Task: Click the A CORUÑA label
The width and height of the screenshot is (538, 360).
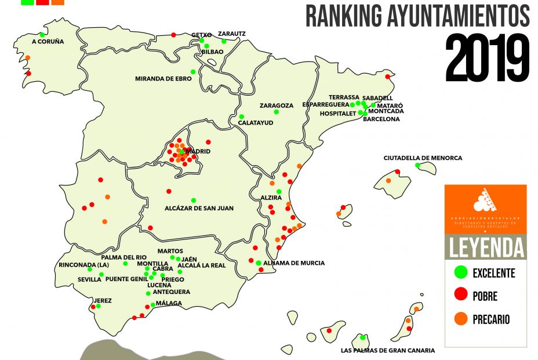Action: (40, 42)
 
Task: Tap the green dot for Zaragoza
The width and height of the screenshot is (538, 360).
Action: (277, 111)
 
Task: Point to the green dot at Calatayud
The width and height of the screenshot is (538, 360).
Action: (242, 117)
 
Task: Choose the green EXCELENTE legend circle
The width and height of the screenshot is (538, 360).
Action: (461, 271)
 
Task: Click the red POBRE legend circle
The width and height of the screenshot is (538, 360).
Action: (461, 295)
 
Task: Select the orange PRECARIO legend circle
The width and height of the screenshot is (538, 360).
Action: (461, 318)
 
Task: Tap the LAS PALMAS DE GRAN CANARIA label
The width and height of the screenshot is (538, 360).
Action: (387, 351)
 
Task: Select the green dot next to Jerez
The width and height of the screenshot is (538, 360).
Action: (98, 306)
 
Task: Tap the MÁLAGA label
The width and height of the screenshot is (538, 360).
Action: (169, 303)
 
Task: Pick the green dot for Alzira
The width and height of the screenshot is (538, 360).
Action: (279, 191)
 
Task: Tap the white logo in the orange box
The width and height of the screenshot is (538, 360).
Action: (486, 201)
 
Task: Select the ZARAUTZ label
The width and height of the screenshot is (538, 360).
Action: (231, 34)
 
